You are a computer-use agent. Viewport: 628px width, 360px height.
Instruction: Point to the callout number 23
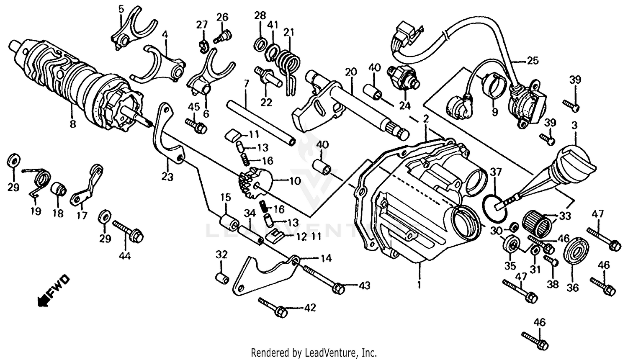tap(167, 177)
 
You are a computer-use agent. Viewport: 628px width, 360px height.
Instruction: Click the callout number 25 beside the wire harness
tap(533, 61)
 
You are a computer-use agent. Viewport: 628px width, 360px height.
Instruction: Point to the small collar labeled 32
tap(222, 278)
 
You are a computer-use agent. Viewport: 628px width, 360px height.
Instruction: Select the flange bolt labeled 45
tap(196, 124)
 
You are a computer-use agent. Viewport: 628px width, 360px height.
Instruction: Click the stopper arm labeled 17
tap(88, 184)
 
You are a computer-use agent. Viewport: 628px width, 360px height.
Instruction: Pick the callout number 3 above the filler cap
tap(574, 125)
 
